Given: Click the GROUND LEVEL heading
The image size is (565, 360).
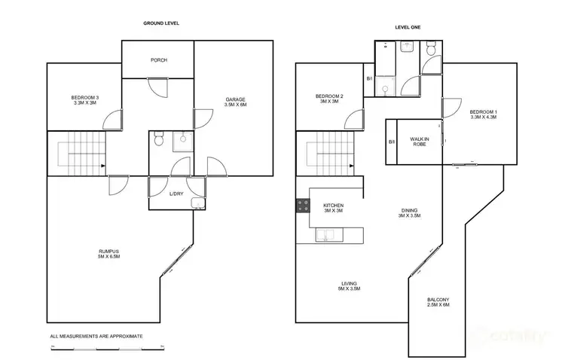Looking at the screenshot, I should tap(161, 23).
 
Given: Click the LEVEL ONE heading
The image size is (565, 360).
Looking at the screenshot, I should tap(408, 28).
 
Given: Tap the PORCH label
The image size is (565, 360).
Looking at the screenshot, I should tap(158, 61).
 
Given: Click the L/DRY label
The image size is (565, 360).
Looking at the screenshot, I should tap(176, 194).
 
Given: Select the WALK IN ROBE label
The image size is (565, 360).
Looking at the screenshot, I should tap(420, 141).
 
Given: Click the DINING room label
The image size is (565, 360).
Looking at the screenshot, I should tap(409, 213).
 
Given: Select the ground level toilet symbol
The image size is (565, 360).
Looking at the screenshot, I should tap(159, 139).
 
